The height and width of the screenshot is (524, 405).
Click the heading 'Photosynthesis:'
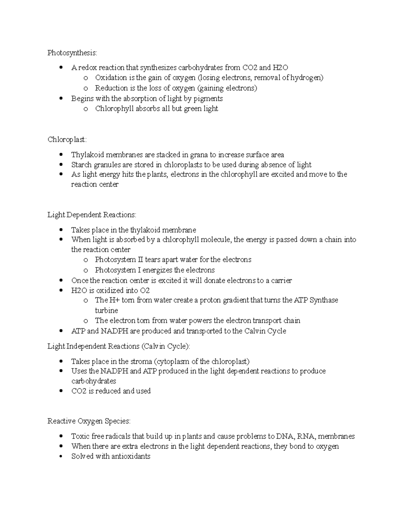pyautogui.click(x=72, y=53)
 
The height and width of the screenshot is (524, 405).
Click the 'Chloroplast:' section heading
pyautogui.click(x=67, y=139)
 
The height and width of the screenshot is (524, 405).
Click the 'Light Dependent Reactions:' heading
pyautogui.click(x=91, y=215)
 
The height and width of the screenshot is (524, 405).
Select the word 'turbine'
pyautogui.click(x=106, y=310)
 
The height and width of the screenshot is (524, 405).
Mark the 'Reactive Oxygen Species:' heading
pyautogui.click(x=89, y=421)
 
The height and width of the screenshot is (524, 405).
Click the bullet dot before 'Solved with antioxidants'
pyautogui.click(x=61, y=456)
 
